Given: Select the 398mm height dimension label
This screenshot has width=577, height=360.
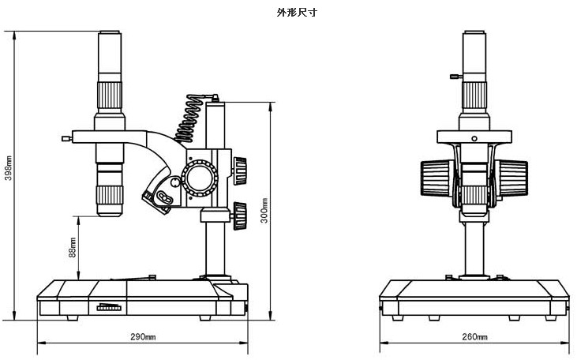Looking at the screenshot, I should tap(8, 172).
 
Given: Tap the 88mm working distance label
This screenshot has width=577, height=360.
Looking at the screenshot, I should tap(73, 248).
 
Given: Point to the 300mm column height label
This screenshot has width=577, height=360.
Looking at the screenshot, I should tap(265, 209).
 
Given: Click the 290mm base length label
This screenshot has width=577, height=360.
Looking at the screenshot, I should tap(143, 337).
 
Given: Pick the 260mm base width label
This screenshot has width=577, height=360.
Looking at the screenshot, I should tap(474, 337).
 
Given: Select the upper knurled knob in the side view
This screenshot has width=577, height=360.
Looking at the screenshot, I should tap(239, 168).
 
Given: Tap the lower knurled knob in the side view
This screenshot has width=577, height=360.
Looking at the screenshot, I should tap(241, 213).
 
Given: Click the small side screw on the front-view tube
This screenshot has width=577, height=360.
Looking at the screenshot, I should tap(455, 77).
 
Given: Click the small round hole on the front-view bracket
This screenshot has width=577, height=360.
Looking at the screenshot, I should tap(474, 138).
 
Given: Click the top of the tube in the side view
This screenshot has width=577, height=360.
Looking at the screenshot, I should tap(111, 34).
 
